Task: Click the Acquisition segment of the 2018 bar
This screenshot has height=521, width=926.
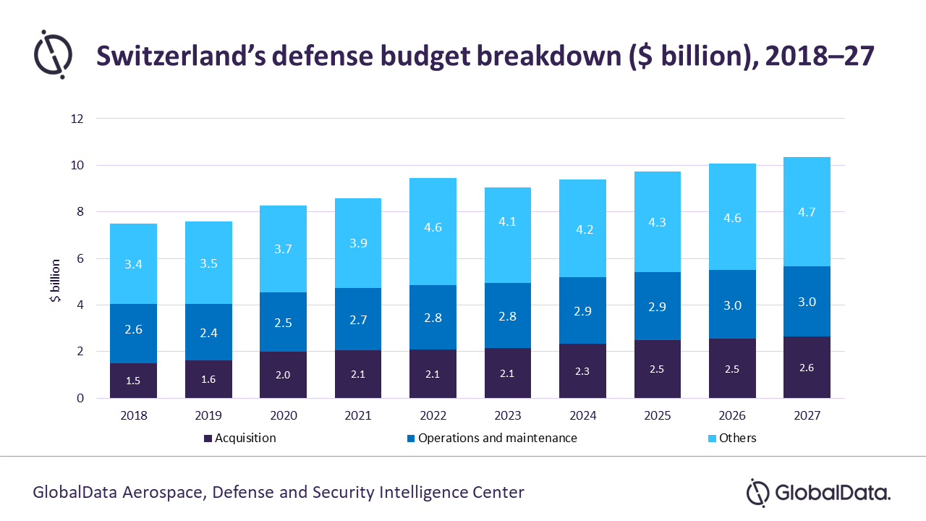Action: pos(133,381)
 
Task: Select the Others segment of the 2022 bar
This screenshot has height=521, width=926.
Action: pos(433,232)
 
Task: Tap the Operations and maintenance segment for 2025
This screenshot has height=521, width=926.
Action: pos(658,306)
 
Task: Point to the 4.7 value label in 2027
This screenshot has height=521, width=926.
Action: pos(807,212)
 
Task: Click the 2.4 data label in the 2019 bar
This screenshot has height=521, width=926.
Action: pos(208,333)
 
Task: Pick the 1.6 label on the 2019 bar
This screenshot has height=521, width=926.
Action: pos(208,379)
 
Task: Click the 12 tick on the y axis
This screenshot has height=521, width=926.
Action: pos(77,119)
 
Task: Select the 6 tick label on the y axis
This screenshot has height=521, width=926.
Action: pos(80,258)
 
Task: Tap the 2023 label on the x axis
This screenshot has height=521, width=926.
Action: pos(508,415)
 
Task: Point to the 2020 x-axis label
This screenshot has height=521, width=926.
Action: pos(284,415)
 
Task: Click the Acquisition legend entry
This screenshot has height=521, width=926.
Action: pos(239,438)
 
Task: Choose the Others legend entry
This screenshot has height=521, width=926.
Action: pos(732,438)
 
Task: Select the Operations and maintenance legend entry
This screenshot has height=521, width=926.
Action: pos(492,438)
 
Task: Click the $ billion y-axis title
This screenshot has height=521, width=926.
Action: pos(56,281)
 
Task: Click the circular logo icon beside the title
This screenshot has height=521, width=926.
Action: pos(53,54)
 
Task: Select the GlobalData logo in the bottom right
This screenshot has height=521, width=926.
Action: pos(818,493)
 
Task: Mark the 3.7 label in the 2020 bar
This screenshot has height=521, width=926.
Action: pos(283,249)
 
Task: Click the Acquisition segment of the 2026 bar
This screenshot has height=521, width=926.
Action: pos(732,368)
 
